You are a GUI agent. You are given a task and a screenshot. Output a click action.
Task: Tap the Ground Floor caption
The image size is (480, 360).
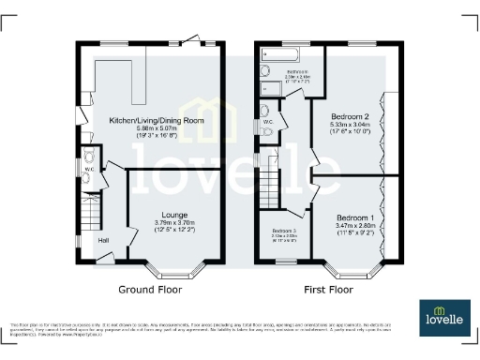[x=151, y=290]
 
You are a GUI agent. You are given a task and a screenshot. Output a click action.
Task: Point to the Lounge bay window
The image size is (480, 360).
[x=176, y=268]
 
